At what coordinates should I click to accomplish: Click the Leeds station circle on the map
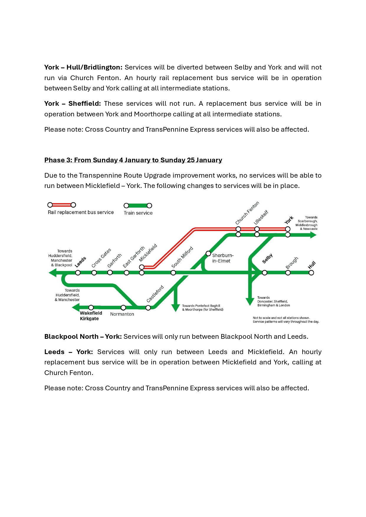tap(78, 273)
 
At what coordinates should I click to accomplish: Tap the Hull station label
tap(311, 265)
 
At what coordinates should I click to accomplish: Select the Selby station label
tap(267, 258)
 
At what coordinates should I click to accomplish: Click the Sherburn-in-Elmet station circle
tap(208, 254)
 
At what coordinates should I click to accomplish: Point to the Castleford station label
tap(155, 294)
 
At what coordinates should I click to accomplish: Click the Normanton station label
tap(122, 314)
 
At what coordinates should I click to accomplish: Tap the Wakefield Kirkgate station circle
tap(91, 308)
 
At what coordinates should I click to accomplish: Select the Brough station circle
tap(288, 273)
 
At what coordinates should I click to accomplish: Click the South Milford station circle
tap(173, 273)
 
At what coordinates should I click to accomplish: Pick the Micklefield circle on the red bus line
tap(142, 267)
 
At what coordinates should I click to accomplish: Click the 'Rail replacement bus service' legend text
tap(81, 212)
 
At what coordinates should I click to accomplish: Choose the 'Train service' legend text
tap(138, 213)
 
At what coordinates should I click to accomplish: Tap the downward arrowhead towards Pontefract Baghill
tap(176, 308)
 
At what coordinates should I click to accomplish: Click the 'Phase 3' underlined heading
tap(133, 160)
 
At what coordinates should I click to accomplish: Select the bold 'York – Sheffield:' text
tap(73, 104)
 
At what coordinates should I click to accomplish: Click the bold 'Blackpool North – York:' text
tap(83, 337)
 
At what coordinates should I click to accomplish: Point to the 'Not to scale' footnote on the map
tap(285, 320)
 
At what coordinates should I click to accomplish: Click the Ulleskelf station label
tap(261, 217)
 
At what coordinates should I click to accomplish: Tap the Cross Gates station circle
tap(94, 273)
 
